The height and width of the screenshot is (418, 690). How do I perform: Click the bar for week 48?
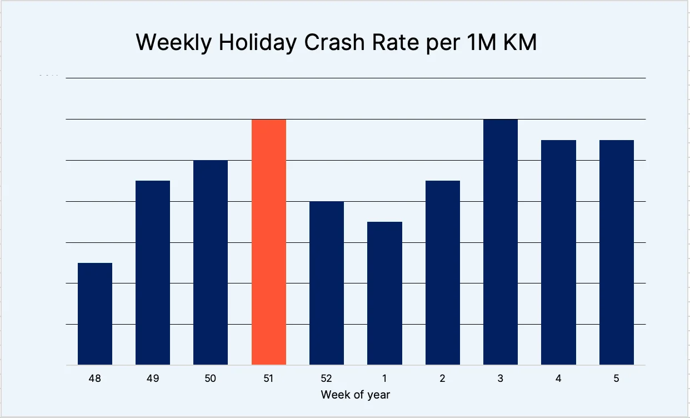[x=95, y=314]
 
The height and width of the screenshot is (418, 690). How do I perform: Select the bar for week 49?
[x=153, y=273]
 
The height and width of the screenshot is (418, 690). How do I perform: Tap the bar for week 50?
[x=211, y=262]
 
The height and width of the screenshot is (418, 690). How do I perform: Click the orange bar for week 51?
[x=269, y=242]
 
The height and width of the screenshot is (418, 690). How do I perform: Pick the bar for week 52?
[x=327, y=283]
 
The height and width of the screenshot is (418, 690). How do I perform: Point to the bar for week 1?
[x=384, y=293]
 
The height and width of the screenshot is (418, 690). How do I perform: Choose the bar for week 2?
[x=443, y=273]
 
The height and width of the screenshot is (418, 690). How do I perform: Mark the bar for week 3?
[x=501, y=242]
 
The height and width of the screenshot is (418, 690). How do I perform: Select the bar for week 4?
[x=558, y=252]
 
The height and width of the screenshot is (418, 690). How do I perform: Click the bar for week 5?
[x=617, y=252]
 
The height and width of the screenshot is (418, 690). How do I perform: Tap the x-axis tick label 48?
[x=95, y=379]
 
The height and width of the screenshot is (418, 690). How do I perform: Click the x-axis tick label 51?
[x=269, y=379]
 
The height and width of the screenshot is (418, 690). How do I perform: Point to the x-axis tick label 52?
[x=327, y=379]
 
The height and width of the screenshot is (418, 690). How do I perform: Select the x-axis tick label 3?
[x=501, y=379]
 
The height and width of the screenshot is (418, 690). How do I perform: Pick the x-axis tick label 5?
[x=617, y=379]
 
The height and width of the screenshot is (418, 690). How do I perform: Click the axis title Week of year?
[x=356, y=395]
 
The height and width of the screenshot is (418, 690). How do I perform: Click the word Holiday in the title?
[x=257, y=43]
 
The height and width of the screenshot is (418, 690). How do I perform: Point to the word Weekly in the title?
[x=173, y=43]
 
